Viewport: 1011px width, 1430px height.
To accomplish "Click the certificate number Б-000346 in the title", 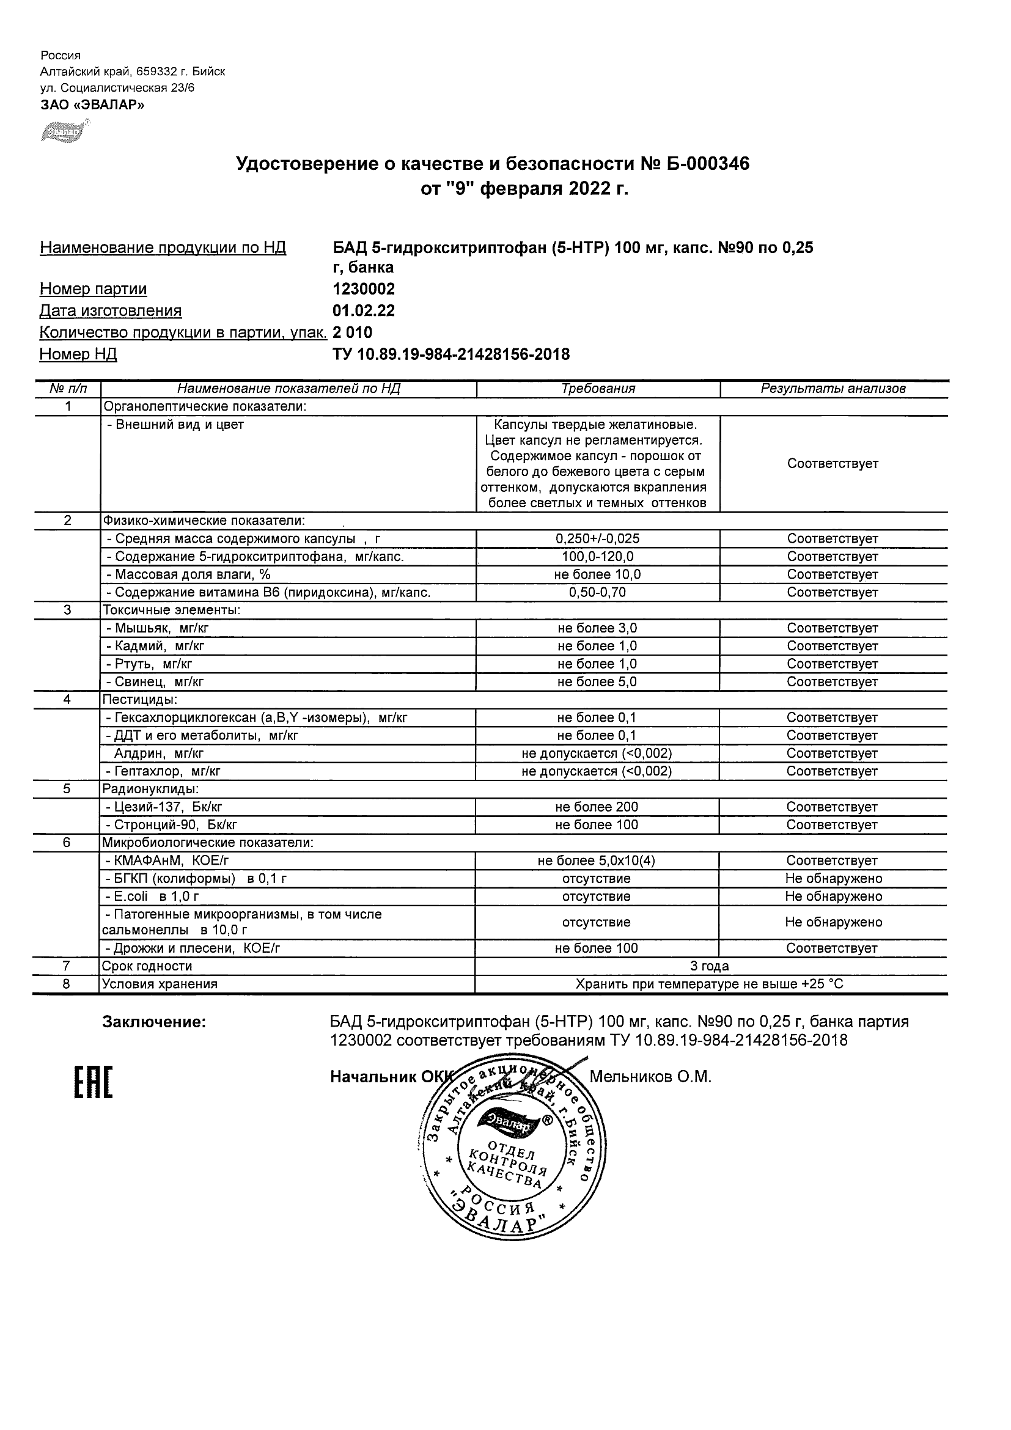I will (x=705, y=164).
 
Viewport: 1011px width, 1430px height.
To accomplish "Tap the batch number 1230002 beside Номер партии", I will (x=364, y=289).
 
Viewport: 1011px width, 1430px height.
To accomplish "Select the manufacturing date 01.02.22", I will (x=364, y=311).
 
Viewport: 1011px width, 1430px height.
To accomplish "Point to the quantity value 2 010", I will (x=353, y=332).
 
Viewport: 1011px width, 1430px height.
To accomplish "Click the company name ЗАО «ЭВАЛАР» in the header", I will (x=92, y=105).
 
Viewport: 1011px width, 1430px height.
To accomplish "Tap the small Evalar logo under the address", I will (x=64, y=132).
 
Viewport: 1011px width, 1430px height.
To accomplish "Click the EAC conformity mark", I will (x=94, y=1082).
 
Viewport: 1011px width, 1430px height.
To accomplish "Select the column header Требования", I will (x=598, y=389).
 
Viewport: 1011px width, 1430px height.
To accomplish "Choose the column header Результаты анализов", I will (x=833, y=389).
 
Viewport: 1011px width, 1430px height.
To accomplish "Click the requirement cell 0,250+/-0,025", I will (x=597, y=539).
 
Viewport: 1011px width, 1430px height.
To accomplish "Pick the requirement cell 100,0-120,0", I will (x=597, y=557).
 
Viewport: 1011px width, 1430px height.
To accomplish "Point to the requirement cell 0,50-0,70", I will (x=597, y=592).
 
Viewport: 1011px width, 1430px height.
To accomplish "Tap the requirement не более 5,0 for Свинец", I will (x=597, y=682).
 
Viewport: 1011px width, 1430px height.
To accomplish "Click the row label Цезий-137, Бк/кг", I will (x=164, y=807).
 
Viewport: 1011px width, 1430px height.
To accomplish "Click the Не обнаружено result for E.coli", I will (x=834, y=897).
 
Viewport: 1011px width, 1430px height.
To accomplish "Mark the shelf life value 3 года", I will (x=710, y=966).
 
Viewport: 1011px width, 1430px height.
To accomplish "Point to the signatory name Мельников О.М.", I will (x=650, y=1077).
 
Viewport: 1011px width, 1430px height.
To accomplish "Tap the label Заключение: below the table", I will (x=154, y=1022).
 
